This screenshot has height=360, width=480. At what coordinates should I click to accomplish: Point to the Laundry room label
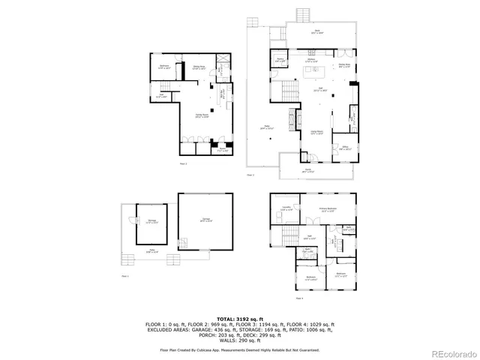[x=286, y=208]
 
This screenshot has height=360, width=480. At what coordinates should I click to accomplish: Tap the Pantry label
[x=280, y=59]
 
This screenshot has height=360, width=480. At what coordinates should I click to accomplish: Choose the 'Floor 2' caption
[x=183, y=162]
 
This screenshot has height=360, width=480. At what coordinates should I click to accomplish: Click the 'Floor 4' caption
[x=299, y=298]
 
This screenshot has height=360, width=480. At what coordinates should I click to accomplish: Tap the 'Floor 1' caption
[x=126, y=277]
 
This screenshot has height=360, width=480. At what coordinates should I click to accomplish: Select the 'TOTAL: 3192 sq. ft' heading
[x=239, y=319]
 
